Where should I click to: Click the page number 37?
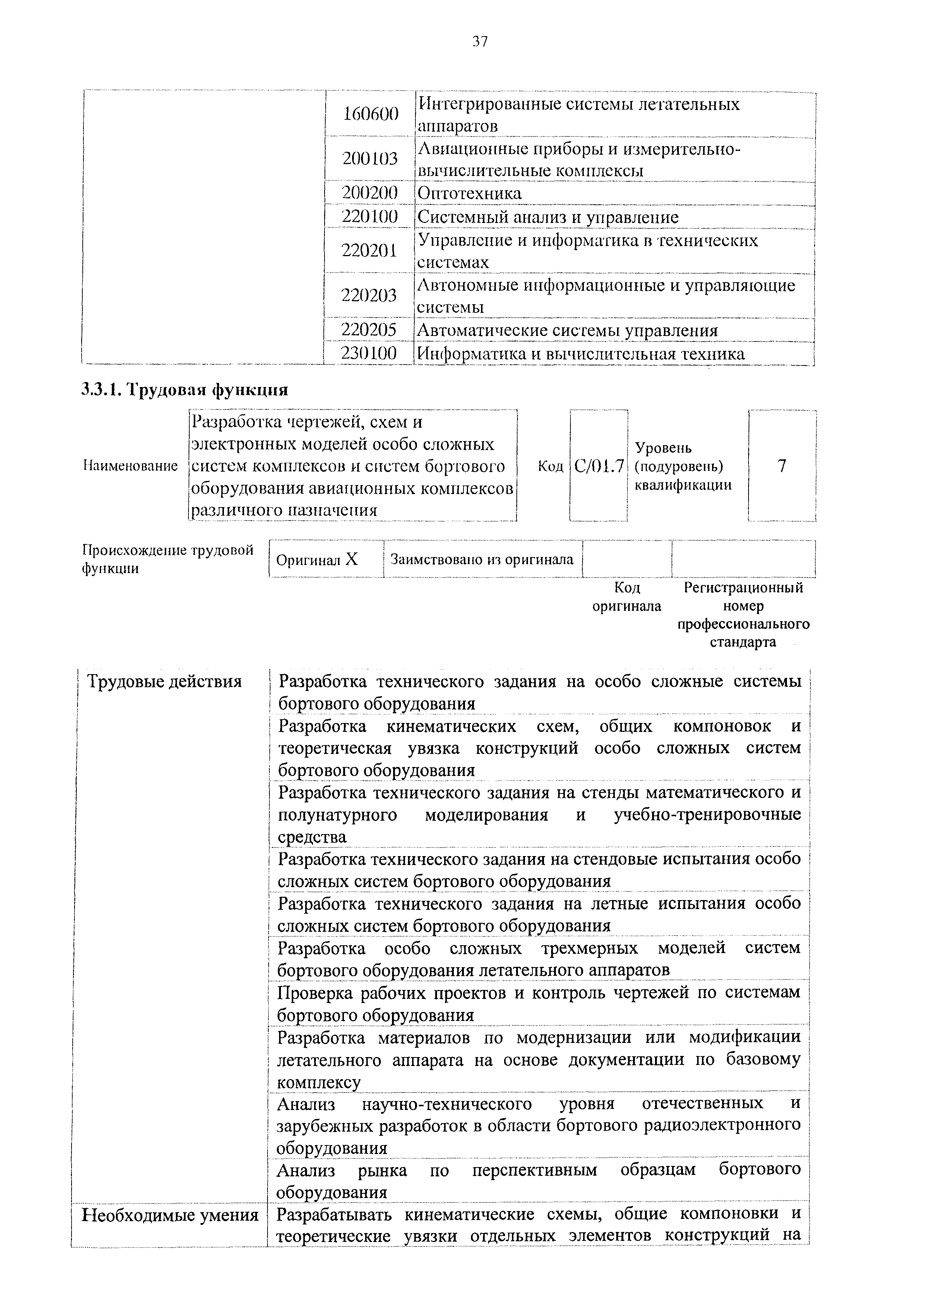(x=480, y=41)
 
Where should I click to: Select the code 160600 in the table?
(x=370, y=114)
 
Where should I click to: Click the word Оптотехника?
(x=469, y=193)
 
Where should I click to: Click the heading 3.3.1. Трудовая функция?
(x=184, y=390)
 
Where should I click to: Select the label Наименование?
(x=130, y=466)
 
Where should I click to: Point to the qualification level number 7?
(x=782, y=466)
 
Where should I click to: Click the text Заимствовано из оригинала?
(x=482, y=559)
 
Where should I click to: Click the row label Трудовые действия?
(x=164, y=682)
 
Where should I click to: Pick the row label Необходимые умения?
(x=170, y=1214)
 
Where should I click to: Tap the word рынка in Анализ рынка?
(x=383, y=1170)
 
